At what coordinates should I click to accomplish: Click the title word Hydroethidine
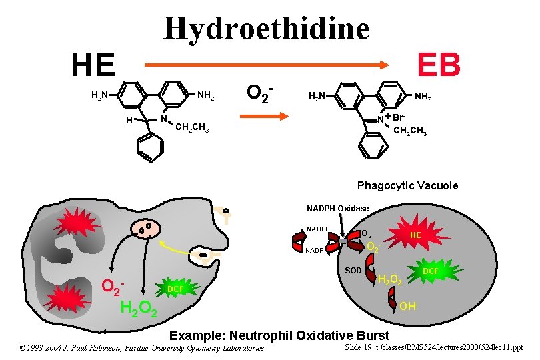(x=266, y=28)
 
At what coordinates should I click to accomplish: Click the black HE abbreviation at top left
(x=93, y=65)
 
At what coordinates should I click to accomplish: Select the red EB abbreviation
(x=439, y=65)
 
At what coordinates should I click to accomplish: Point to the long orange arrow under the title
(x=267, y=65)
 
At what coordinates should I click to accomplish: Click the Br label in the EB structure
(x=399, y=117)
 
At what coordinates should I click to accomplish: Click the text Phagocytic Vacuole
(x=407, y=185)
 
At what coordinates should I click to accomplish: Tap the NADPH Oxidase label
(x=337, y=208)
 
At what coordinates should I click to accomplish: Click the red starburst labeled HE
(x=415, y=235)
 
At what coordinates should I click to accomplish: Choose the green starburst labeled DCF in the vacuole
(x=430, y=271)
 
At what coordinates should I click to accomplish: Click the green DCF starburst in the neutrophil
(x=175, y=289)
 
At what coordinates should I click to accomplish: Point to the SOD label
(x=353, y=270)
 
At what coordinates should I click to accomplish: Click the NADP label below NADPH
(x=315, y=251)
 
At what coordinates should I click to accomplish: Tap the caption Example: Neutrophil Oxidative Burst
(x=280, y=334)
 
